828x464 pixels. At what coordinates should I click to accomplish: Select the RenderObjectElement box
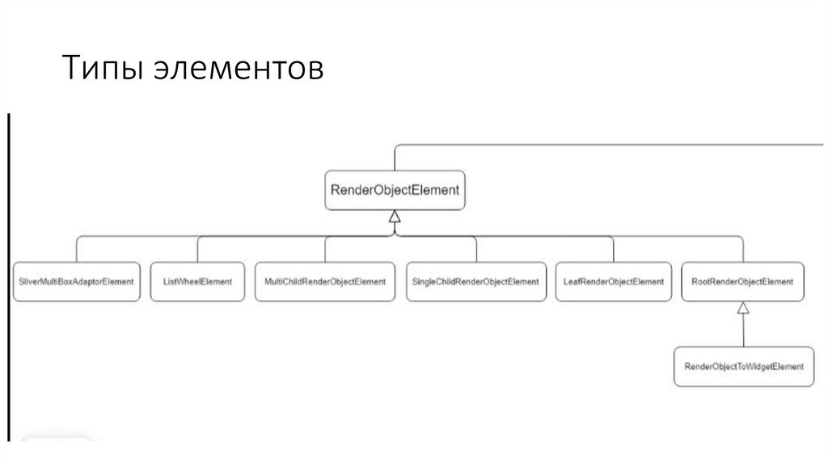[395, 191]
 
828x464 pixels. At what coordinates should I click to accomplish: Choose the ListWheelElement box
[197, 282]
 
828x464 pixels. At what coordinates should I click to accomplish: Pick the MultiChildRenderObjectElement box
[325, 282]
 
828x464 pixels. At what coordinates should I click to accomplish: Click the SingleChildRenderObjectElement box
[475, 282]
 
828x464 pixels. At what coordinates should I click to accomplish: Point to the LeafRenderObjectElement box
[613, 282]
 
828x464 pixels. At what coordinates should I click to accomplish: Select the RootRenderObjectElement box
[742, 282]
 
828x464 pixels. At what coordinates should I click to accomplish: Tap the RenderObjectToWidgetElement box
[744, 367]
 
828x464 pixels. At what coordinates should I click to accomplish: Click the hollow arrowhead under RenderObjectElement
[395, 217]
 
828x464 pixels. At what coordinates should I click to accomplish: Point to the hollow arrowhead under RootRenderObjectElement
[742, 308]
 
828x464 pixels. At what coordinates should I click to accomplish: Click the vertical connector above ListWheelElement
[197, 249]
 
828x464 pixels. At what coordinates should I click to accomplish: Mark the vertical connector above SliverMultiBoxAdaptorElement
[78, 249]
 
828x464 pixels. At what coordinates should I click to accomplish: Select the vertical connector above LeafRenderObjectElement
[613, 249]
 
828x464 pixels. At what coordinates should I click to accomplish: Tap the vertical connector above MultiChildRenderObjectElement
[325, 249]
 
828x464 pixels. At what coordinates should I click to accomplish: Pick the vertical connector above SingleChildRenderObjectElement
[475, 249]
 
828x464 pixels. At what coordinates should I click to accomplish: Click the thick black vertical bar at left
[10, 275]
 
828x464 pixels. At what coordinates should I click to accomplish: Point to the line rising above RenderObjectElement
[395, 158]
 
